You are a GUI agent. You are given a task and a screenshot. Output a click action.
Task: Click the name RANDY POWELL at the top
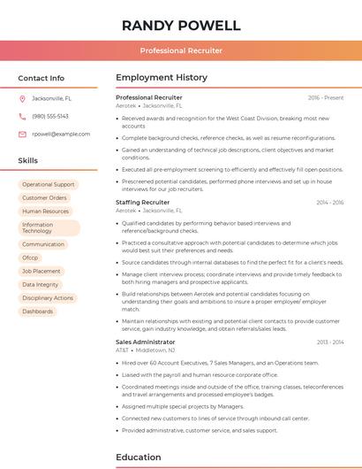coord(181,25)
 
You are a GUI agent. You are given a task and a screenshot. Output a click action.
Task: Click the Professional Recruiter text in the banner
coord(181,50)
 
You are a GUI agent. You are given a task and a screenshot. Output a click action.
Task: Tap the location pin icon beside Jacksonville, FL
coord(22,98)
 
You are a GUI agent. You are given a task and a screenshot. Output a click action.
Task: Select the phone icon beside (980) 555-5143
coord(22,116)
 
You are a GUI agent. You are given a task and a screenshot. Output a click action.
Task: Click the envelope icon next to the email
coord(22,134)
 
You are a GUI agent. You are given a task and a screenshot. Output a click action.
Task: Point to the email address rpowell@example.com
coord(61,134)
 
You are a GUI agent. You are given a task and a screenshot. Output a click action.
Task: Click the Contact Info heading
coord(41,78)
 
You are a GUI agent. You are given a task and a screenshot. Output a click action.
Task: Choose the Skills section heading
coord(28,161)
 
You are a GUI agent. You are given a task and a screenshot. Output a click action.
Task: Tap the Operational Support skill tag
coord(49,185)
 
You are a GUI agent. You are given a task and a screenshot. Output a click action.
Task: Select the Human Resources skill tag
coord(45,211)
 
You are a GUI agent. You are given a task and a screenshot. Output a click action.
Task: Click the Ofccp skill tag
coord(30,258)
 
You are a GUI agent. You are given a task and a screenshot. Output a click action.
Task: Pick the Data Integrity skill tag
coord(41,285)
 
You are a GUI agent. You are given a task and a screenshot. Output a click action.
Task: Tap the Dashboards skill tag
coord(38,311)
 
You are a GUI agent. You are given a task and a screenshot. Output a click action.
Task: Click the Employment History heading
coord(162,78)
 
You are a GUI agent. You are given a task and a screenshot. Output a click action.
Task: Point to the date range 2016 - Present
coord(326,97)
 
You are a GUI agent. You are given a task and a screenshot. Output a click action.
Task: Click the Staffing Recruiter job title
coord(143,203)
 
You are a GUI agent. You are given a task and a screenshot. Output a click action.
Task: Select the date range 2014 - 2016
coord(330,203)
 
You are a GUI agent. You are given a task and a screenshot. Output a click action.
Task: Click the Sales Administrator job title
coord(146,342)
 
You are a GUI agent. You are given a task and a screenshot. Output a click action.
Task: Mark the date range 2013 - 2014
coord(330,342)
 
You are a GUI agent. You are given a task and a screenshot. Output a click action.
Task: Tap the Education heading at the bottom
coord(140,457)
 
